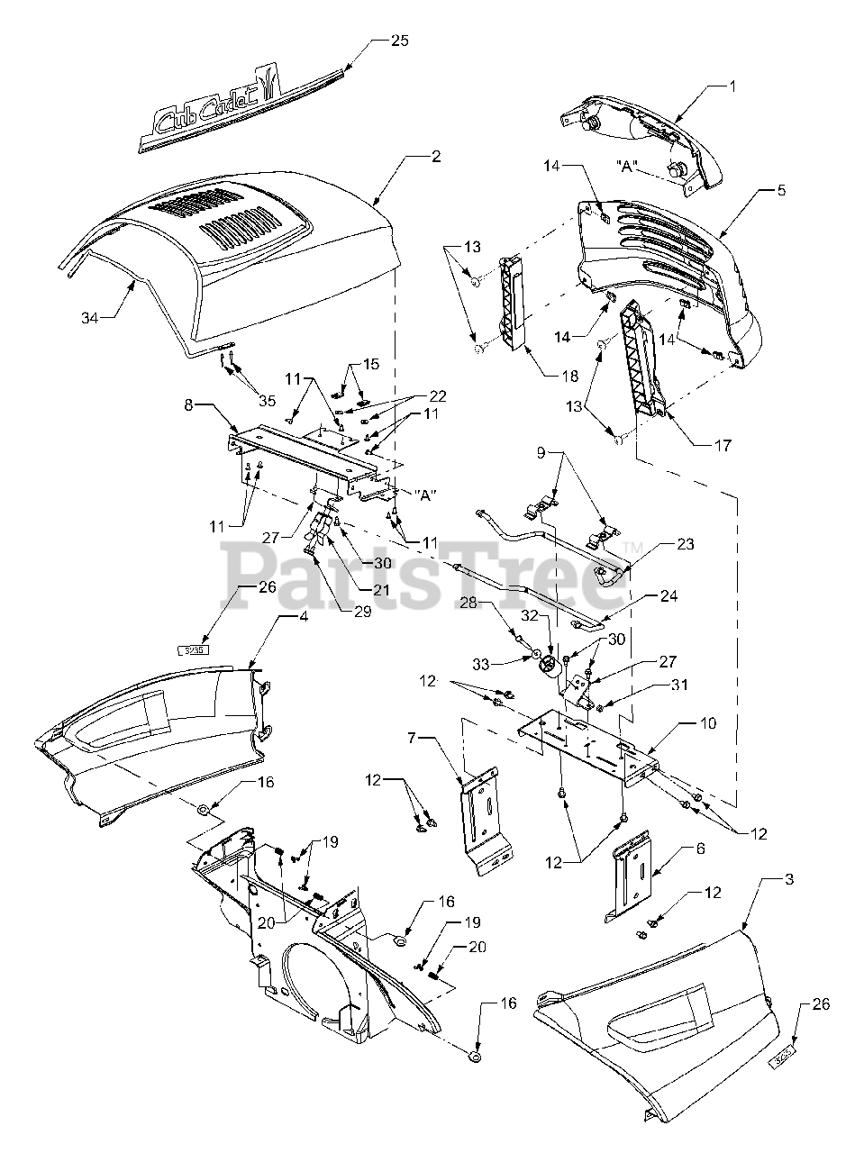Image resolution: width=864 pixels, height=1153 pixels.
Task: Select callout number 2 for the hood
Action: pos(435,156)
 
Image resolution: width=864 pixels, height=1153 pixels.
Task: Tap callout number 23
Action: pos(687,544)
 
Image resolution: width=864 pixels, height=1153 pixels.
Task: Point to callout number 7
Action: pos(412,738)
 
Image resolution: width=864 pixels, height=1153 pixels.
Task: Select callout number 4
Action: pos(279,618)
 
